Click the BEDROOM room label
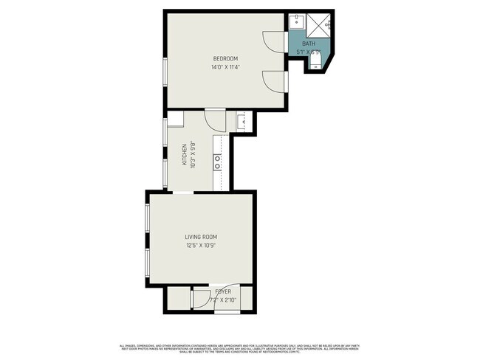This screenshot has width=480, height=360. point(226,59)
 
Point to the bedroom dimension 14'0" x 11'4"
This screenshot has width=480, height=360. point(226,67)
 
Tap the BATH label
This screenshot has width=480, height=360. point(308,44)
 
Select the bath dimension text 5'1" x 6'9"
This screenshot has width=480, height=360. point(309,52)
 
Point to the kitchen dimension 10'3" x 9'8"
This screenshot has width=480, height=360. point(193,154)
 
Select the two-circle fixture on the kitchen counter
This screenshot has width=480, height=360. point(219,162)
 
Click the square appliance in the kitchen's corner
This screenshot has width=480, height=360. point(241,121)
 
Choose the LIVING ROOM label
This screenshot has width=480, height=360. point(201,237)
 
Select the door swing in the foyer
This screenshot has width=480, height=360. point(201,298)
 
